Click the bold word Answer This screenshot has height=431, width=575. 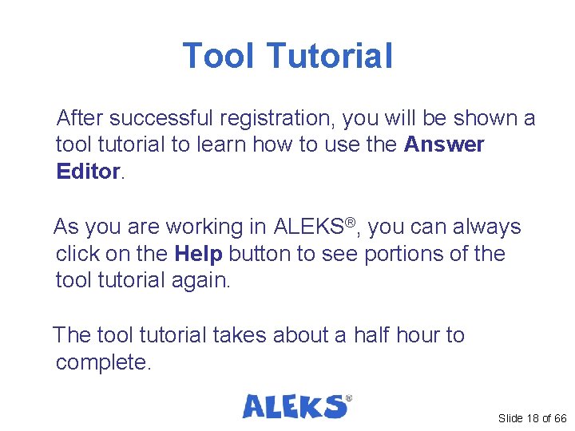click(x=444, y=145)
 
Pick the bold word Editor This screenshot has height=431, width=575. click(x=87, y=172)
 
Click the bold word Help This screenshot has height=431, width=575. click(x=198, y=254)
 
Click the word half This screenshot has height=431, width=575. click(x=376, y=335)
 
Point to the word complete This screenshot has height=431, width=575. click(x=101, y=363)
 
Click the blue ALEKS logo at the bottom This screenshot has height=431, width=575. click(x=296, y=406)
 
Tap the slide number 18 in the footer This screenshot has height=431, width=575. click(x=533, y=418)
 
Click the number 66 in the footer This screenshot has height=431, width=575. click(x=559, y=418)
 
